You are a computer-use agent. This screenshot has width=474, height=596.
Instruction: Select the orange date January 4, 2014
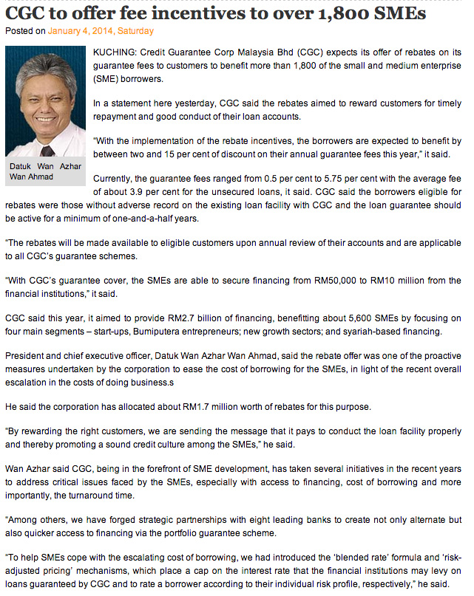point(82,31)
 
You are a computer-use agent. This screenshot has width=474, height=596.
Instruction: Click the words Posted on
point(25,31)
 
